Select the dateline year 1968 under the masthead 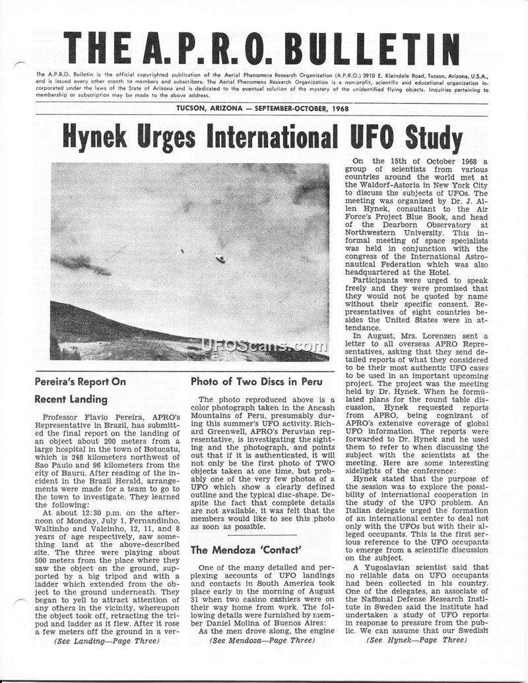(x=341, y=108)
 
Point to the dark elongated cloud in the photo (x=81, y=265)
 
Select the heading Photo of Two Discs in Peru (x=246, y=381)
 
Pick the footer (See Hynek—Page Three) (x=416, y=659)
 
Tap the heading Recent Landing (x=71, y=399)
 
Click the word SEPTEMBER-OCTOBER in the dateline (x=292, y=108)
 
